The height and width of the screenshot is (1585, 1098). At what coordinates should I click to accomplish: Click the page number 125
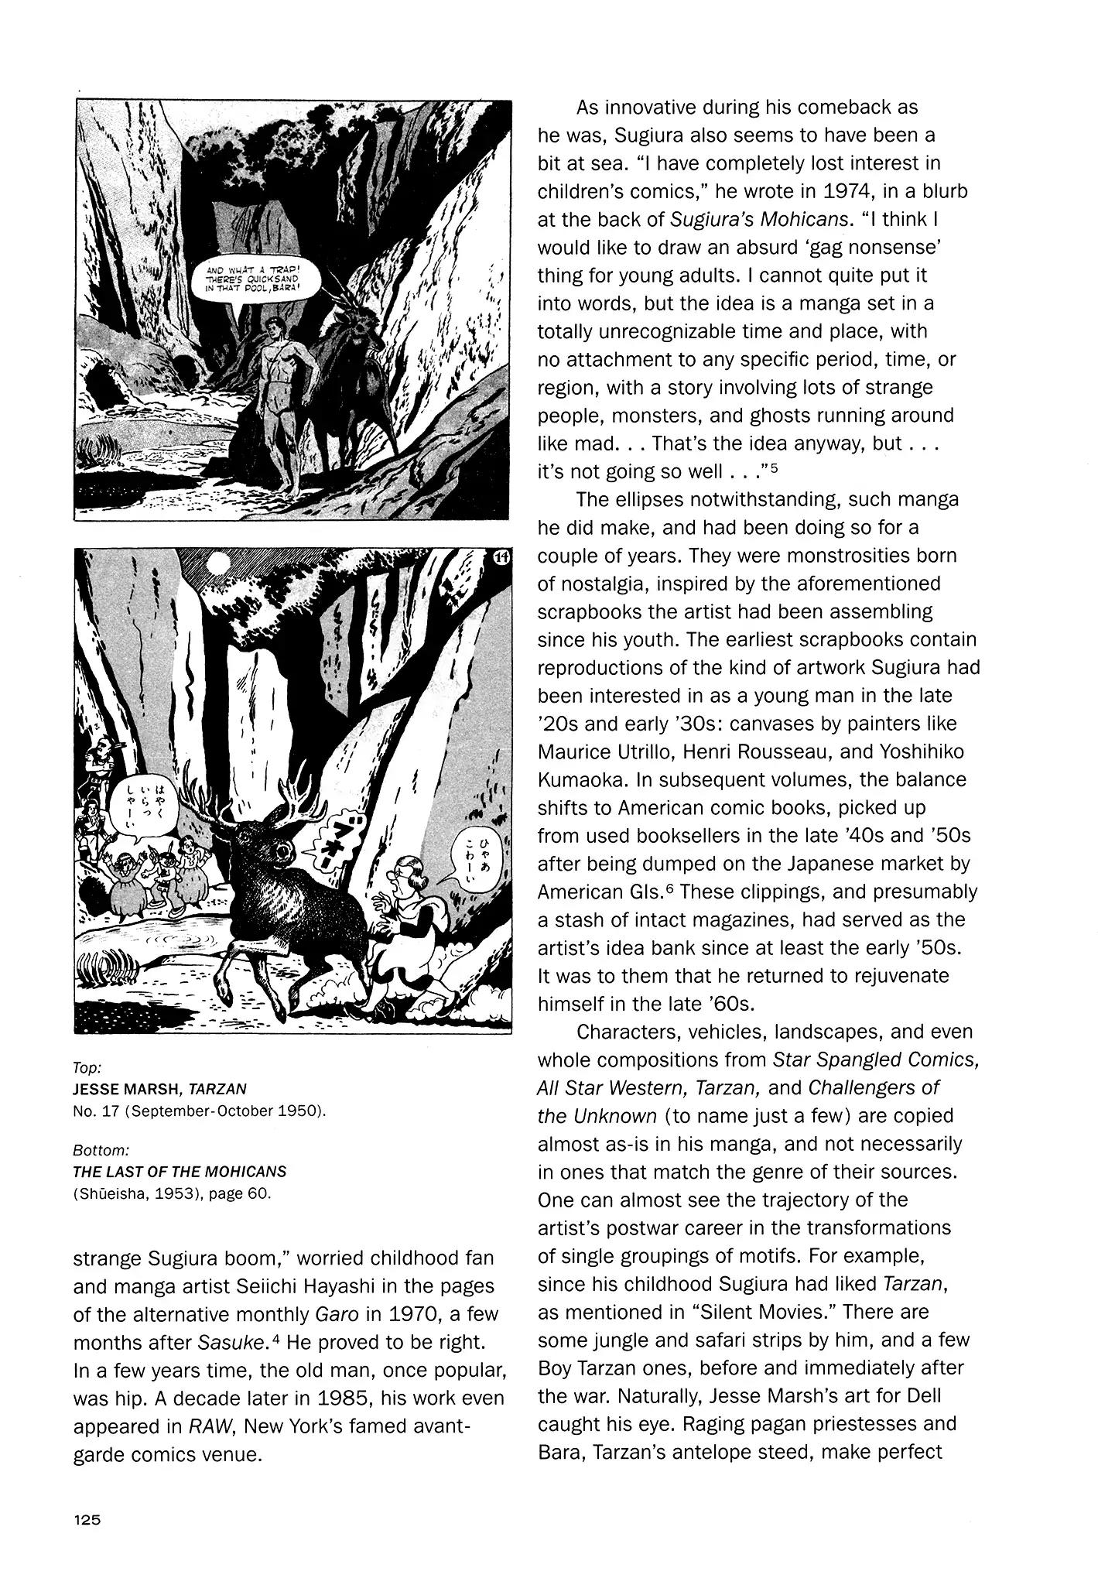click(x=87, y=1519)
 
